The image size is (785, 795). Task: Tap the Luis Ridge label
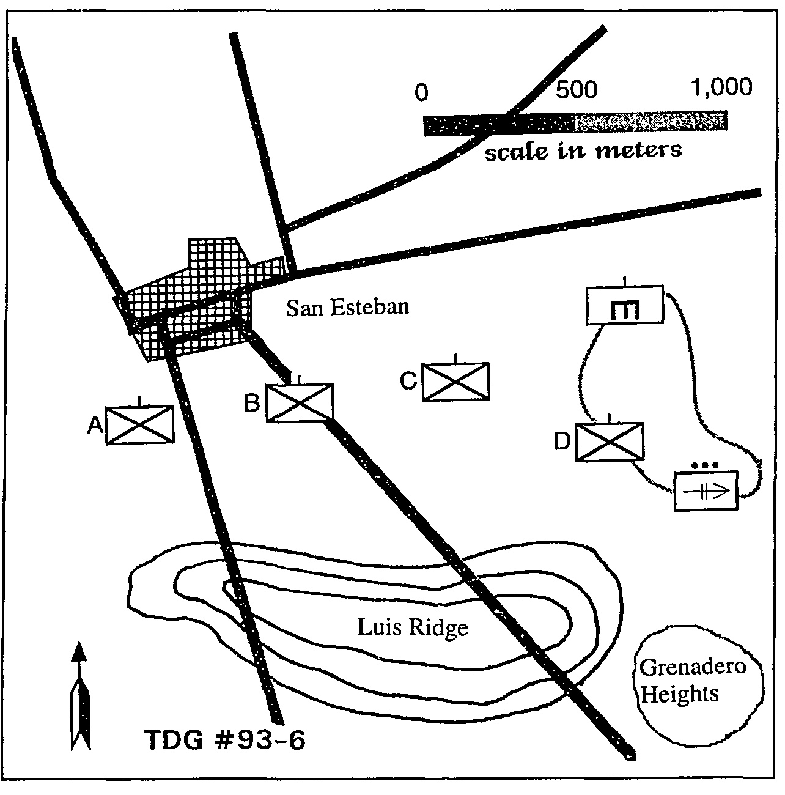[x=413, y=627]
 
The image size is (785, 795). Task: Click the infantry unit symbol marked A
[x=140, y=424]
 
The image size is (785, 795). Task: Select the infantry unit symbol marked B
[x=300, y=402]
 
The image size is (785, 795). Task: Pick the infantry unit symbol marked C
[x=456, y=382]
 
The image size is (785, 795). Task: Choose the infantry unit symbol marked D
[x=610, y=442]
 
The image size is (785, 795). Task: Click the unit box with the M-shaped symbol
[x=624, y=305]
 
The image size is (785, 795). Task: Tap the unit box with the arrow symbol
[x=706, y=490]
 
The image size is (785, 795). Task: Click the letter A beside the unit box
[x=95, y=424]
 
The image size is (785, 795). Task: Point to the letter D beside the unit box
[x=562, y=442]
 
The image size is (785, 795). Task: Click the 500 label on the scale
[x=576, y=90]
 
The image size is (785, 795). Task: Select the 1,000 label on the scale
[x=721, y=87]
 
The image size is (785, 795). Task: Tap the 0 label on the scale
[x=421, y=93]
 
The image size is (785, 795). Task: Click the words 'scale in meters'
[x=583, y=150]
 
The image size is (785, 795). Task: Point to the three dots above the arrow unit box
[x=705, y=465]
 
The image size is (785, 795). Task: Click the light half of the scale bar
[x=650, y=121]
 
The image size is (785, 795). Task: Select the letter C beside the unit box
[x=408, y=381]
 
